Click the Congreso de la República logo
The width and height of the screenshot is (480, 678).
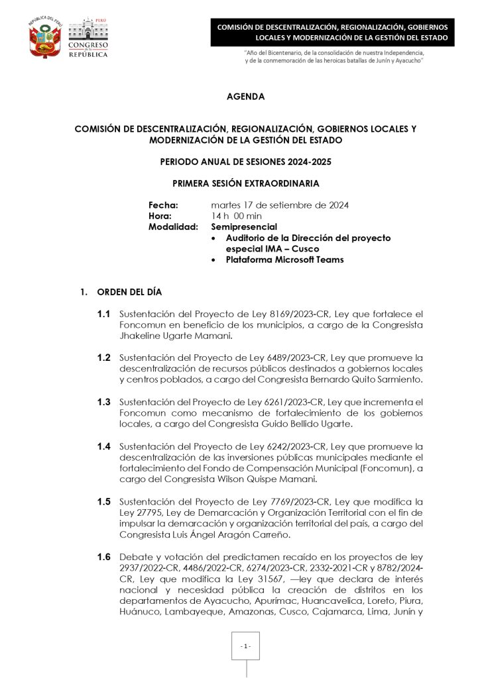pos(88,38)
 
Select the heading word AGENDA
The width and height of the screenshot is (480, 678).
pos(245,97)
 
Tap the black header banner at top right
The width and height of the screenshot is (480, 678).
pos(333,32)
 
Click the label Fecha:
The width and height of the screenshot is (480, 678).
pos(163,205)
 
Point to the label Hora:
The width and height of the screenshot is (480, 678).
pos(160,216)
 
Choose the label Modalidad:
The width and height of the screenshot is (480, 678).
pos(173,226)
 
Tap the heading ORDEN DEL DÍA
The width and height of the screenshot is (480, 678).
pos(129,292)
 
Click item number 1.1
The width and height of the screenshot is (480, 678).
pos(103,314)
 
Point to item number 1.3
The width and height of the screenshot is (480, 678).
pos(103,402)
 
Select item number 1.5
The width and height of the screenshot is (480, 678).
pos(103,501)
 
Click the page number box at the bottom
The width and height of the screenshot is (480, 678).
pos(246,646)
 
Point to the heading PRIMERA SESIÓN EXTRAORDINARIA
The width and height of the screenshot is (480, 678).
pos(245,183)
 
